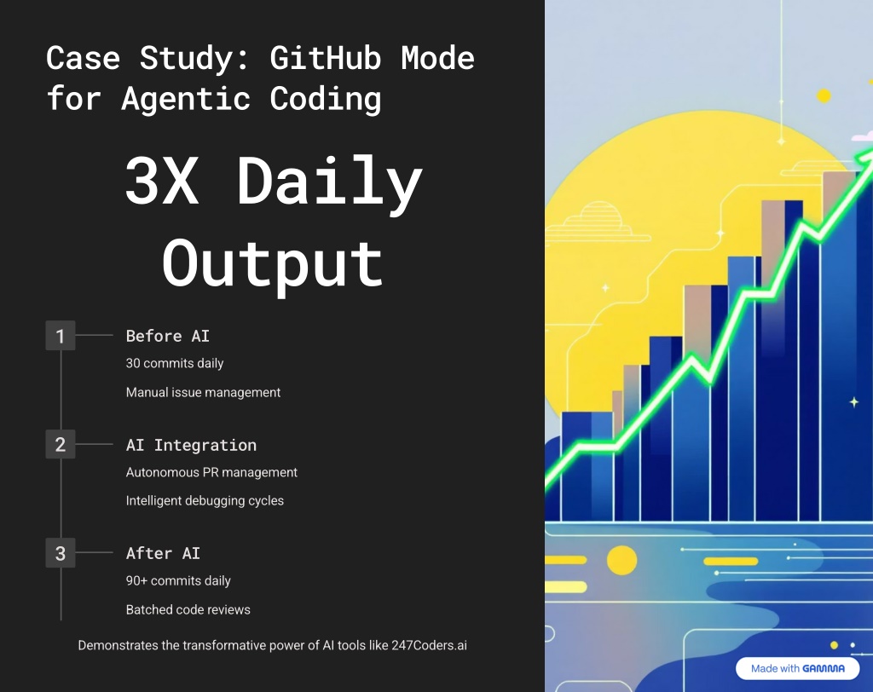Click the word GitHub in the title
[x=325, y=58]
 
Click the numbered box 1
[x=61, y=335]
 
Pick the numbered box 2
[x=61, y=444]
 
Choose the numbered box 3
[x=61, y=553]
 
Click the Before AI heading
[x=168, y=336]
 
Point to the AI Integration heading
[x=191, y=445]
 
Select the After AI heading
[x=163, y=553]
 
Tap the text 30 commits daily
[x=175, y=363]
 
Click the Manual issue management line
[x=203, y=392]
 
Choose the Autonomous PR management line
[x=211, y=472]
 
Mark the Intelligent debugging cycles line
[x=205, y=500]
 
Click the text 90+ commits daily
[x=178, y=580]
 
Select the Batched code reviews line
[x=188, y=609]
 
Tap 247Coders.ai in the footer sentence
[x=430, y=645]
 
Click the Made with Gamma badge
[x=797, y=668]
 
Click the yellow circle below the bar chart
[x=622, y=560]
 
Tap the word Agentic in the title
[x=186, y=99]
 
